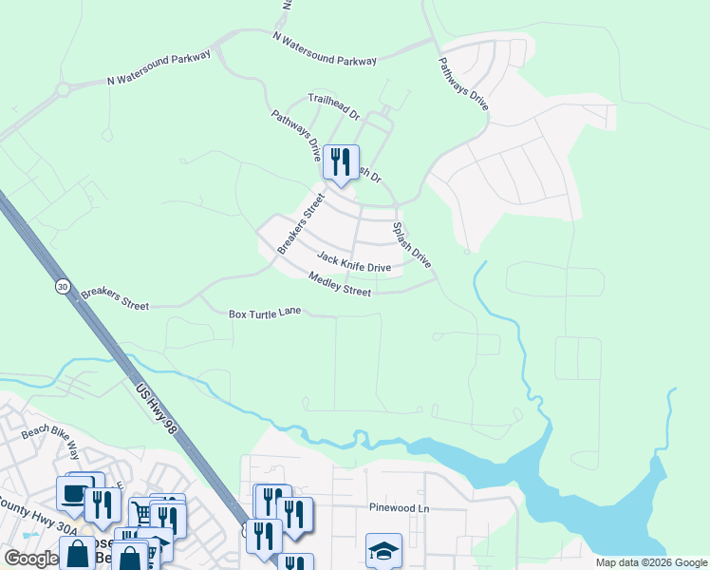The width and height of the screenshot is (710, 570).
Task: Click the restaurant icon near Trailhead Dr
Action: click(x=341, y=162)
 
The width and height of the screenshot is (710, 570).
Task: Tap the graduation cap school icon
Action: click(x=383, y=550)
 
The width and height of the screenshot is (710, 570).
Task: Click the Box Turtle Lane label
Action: click(x=266, y=313)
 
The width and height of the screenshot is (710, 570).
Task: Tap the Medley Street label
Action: click(x=339, y=284)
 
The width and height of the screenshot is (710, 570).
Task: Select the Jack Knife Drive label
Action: click(x=354, y=262)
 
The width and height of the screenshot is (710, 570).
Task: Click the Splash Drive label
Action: click(x=412, y=245)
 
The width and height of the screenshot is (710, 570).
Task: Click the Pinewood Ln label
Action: click(x=399, y=508)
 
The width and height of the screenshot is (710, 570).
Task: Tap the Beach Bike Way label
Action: click(x=54, y=438)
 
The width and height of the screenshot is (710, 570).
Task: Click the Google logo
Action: click(x=31, y=558)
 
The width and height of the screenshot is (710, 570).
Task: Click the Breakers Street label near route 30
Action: click(x=115, y=299)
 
